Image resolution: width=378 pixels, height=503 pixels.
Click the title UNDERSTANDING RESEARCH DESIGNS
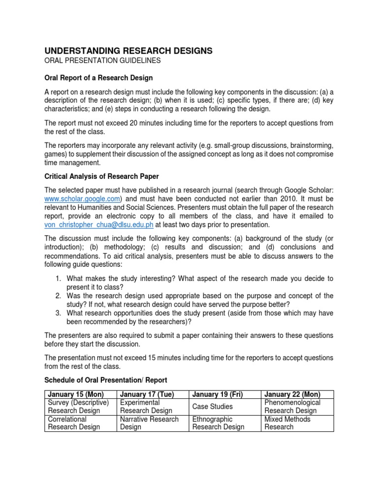129,51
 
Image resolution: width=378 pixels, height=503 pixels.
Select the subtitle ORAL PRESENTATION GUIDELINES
102,60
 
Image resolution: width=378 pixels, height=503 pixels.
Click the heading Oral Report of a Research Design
98,78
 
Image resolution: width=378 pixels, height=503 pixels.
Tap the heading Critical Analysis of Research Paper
101,176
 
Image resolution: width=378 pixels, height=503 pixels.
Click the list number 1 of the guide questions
58,279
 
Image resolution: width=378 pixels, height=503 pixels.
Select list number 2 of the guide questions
58,296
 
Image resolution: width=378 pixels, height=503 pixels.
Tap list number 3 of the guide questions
58,313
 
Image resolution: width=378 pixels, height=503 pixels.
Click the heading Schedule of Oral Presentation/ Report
106,380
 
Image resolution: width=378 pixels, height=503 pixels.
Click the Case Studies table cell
213,407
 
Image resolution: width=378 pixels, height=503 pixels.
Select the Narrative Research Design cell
149,423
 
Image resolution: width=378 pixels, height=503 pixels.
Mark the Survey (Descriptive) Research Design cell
78,407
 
